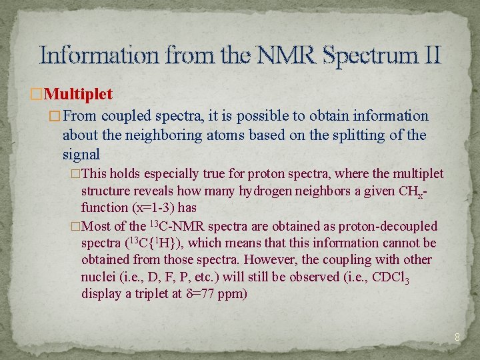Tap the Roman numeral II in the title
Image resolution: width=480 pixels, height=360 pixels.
431,54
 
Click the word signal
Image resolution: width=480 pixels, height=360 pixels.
81,155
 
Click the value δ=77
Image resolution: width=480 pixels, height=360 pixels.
201,293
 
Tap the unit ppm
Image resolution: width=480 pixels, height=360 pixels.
235,294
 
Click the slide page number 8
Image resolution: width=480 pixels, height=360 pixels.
457,337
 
